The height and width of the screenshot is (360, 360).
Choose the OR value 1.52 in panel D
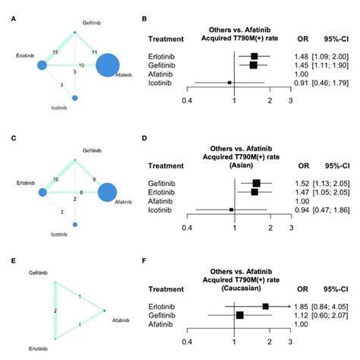pos(298,183)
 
